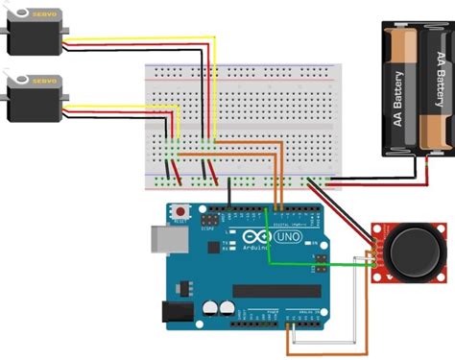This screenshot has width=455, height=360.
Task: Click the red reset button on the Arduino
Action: coord(179,210)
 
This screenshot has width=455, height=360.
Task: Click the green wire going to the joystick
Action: coord(317,263)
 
